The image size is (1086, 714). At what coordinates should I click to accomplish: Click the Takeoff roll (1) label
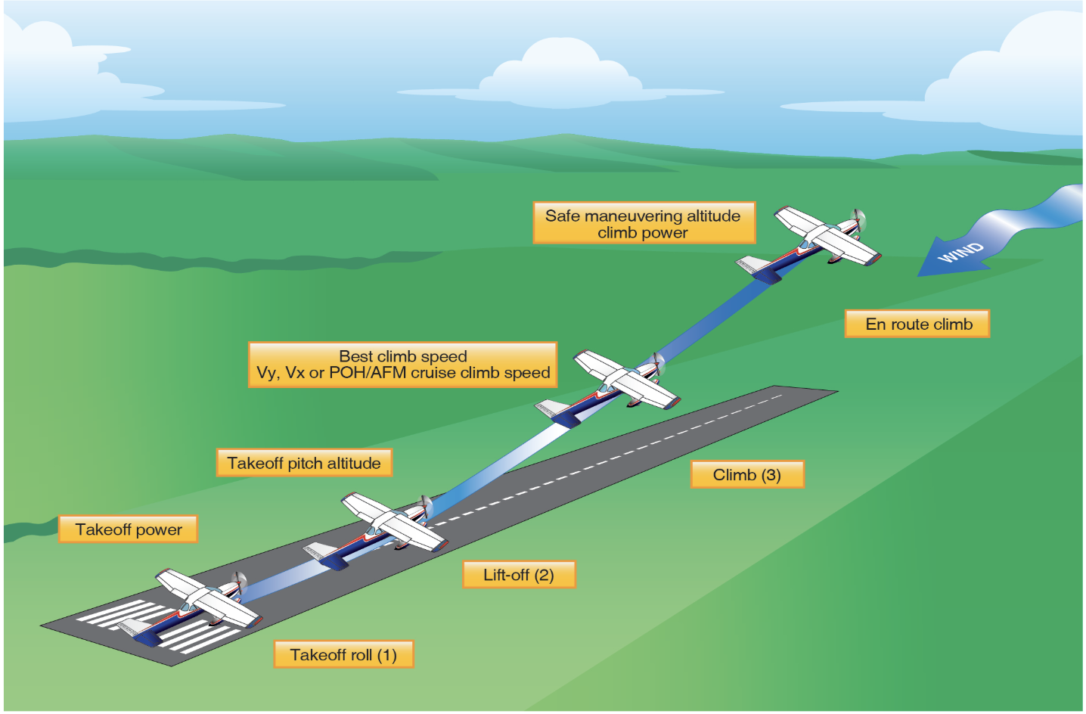(x=343, y=655)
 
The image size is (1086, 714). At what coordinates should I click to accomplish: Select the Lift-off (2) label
(x=519, y=575)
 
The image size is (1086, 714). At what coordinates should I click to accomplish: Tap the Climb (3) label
(x=746, y=475)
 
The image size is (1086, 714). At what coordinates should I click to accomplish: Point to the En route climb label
(x=917, y=324)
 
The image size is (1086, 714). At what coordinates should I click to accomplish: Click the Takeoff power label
(x=129, y=529)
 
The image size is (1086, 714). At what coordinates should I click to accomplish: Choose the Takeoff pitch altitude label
(x=304, y=463)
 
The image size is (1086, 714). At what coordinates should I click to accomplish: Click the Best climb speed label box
(x=402, y=365)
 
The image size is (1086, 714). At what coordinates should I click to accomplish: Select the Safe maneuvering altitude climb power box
(x=643, y=223)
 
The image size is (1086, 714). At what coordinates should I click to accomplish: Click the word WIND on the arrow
(x=961, y=252)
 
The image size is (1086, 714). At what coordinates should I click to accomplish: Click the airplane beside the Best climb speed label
(x=616, y=383)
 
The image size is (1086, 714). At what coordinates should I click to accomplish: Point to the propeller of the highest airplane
(x=858, y=221)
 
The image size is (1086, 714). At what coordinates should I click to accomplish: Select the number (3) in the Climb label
(x=771, y=475)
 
